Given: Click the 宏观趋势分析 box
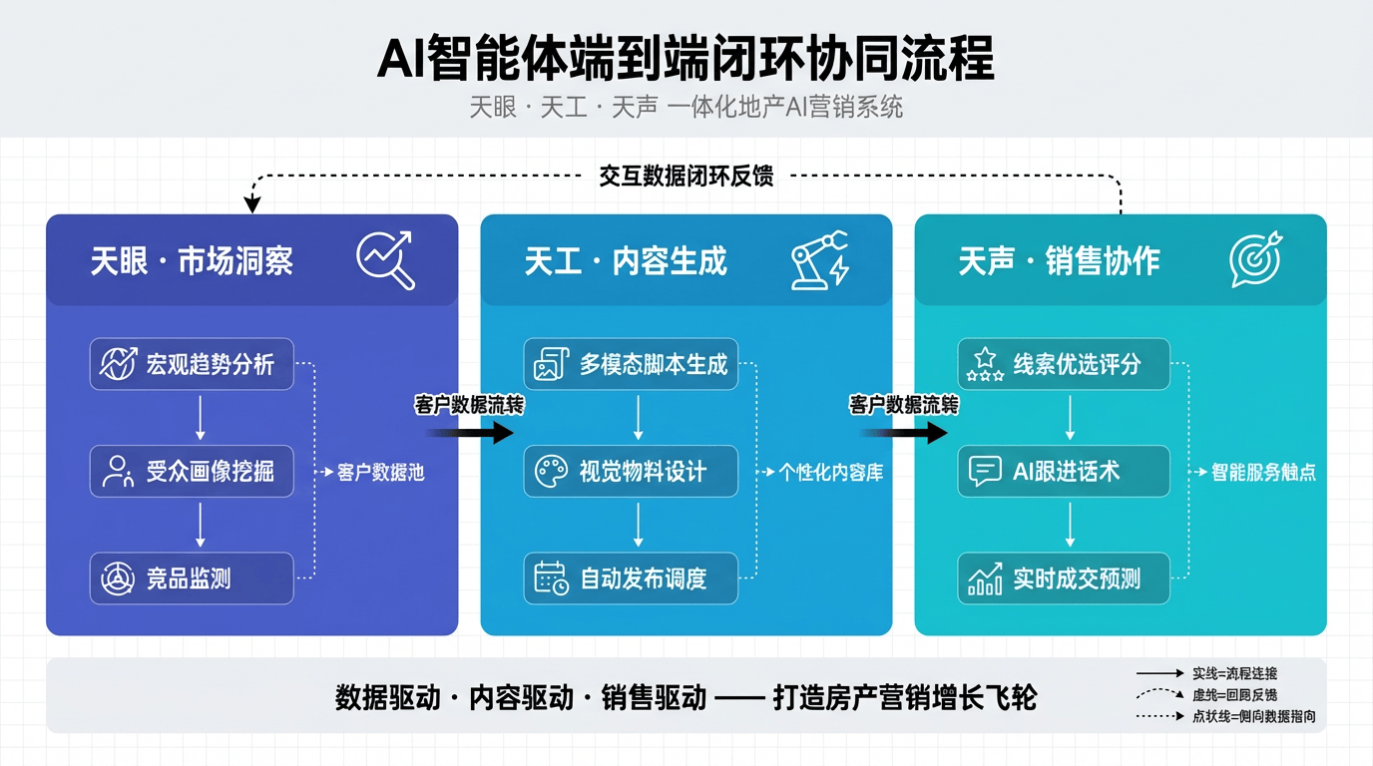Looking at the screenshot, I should (x=192, y=364).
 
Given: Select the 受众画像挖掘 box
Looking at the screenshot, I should (x=192, y=471).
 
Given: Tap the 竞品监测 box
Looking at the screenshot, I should (x=192, y=577).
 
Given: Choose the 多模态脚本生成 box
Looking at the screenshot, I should (x=631, y=364).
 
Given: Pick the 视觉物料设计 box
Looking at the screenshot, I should (x=631, y=471).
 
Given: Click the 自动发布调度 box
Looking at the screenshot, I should (x=631, y=577).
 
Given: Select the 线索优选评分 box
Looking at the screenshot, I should (x=1064, y=364).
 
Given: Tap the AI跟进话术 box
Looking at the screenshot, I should (x=1064, y=471).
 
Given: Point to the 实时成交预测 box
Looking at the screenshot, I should (x=1064, y=577).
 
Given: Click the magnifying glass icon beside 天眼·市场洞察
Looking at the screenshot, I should (x=385, y=259).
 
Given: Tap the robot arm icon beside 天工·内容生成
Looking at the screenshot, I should (x=819, y=259).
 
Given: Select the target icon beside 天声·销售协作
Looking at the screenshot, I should (x=1255, y=259).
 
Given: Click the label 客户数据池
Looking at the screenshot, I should (x=380, y=473).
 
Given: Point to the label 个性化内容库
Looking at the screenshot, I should (x=824, y=473).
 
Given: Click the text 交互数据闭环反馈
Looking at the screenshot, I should (x=686, y=177).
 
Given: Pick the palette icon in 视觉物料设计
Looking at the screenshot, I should (x=551, y=471).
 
